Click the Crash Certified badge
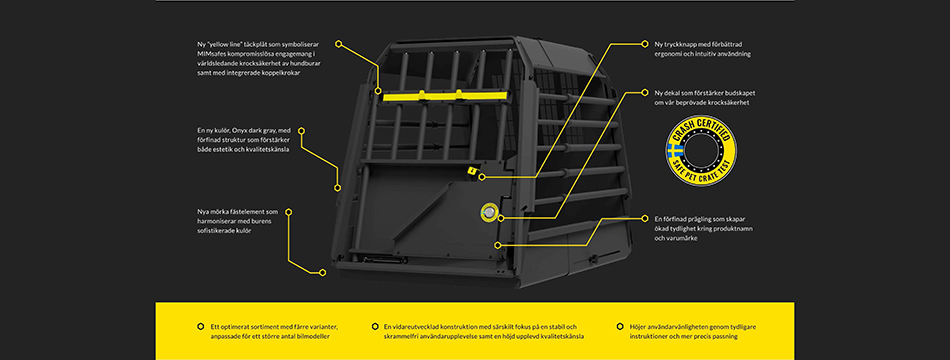pyautogui.click(x=702, y=153)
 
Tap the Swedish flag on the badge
pyautogui.click(x=674, y=153)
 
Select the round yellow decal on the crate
pyautogui.click(x=488, y=212)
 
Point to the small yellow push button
pyautogui.click(x=470, y=171)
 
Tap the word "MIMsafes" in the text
pyautogui.click(x=211, y=53)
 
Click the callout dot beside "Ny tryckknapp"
pyautogui.click(x=645, y=44)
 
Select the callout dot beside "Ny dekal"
pyautogui.click(x=645, y=93)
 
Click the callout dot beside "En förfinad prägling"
pyautogui.click(x=645, y=218)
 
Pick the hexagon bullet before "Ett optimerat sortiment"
pyautogui.click(x=201, y=326)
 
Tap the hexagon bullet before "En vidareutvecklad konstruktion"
pyautogui.click(x=374, y=326)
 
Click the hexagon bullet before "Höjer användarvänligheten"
pyautogui.click(x=620, y=326)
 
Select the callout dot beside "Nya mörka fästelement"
pyautogui.click(x=289, y=212)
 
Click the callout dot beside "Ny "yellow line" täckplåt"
pyautogui.click(x=339, y=44)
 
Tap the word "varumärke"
pyautogui.click(x=683, y=238)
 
